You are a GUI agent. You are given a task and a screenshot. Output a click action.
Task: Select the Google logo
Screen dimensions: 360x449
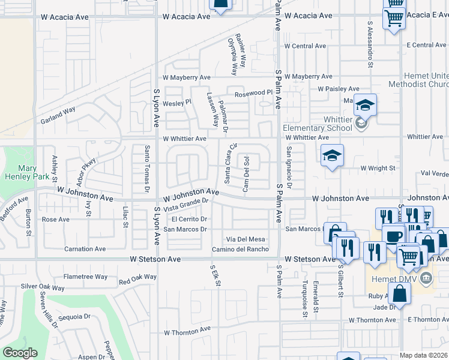coord(20,352)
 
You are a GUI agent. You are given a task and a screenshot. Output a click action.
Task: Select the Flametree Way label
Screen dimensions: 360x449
coord(85,277)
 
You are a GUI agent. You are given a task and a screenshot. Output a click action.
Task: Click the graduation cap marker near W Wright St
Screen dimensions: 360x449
coord(332,156)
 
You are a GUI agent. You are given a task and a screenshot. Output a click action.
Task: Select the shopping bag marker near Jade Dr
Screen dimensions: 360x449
coord(399,294)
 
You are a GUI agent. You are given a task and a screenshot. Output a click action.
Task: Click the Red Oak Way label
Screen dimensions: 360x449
coord(137,279)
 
